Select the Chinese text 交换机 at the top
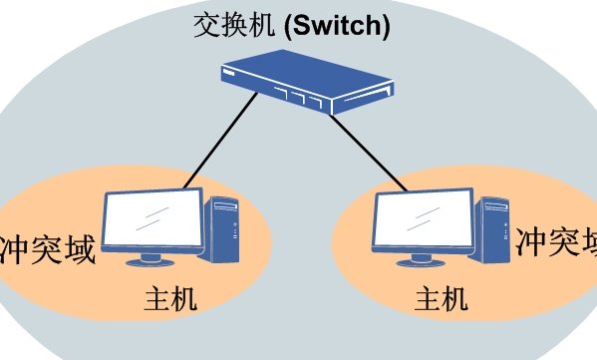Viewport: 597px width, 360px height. point(223,24)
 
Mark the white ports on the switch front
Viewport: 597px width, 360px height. point(300,97)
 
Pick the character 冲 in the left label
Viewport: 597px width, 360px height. point(15,248)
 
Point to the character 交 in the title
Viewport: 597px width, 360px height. point(204,24)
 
